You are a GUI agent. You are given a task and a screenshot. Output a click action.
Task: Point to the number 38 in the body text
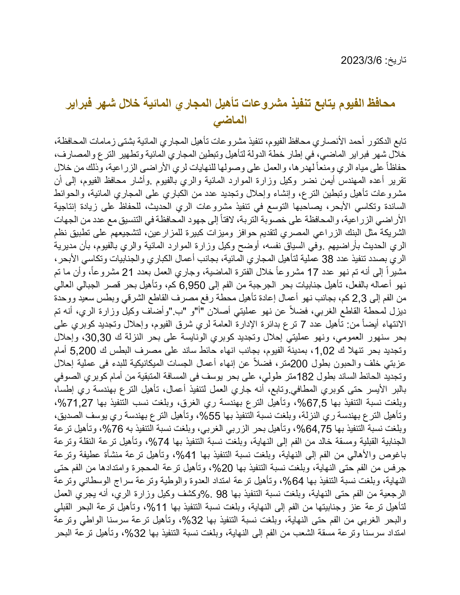(327, 259)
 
